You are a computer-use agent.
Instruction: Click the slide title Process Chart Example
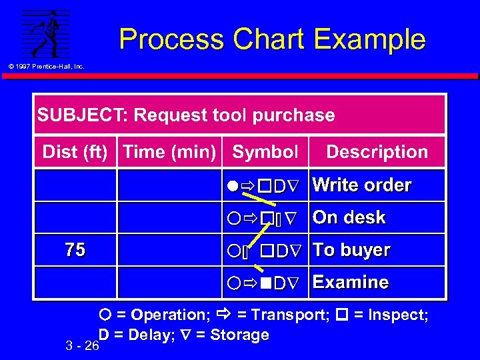272,39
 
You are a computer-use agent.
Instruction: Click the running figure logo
45,33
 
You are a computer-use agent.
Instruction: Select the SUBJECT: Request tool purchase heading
186,115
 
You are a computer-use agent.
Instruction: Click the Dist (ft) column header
75,152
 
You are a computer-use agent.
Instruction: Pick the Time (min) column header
170,152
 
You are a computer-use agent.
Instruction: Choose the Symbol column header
265,152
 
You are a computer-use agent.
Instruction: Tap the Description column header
377,152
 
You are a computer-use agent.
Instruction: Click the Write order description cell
362,185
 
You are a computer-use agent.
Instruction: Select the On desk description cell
349,217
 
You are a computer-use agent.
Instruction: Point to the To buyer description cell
351,250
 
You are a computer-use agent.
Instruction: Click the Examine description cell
351,282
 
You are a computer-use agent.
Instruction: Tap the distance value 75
75,250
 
